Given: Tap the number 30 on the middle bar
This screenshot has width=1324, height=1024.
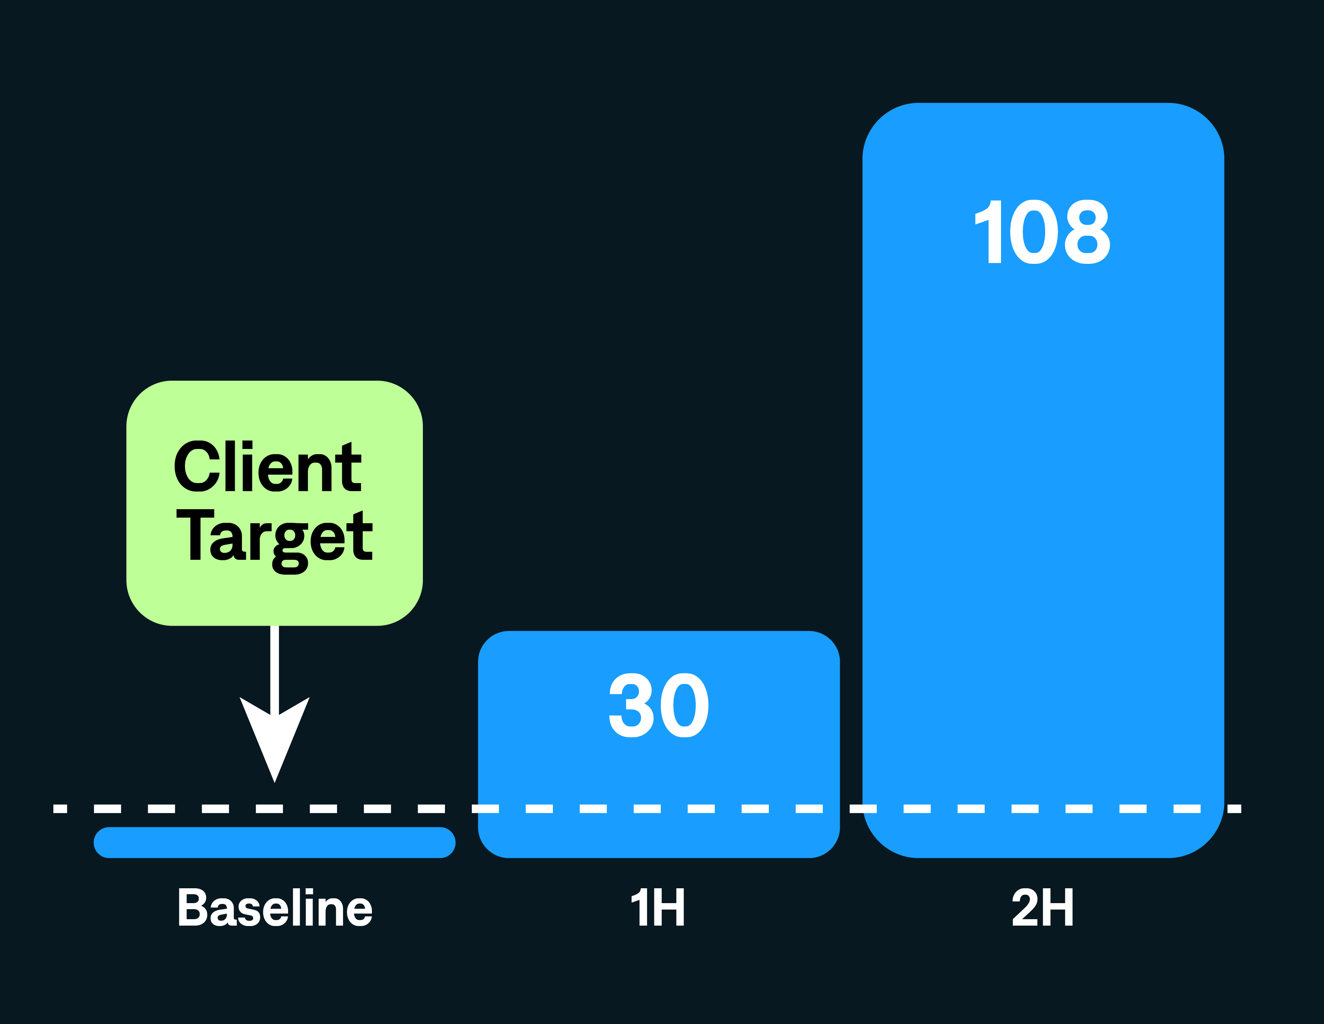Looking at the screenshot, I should point(658,706).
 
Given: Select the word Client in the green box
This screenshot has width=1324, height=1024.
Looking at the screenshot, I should point(267,467).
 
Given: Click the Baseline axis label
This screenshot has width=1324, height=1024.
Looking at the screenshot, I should point(274,908).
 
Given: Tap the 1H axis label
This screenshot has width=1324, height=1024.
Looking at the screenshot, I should point(658,908).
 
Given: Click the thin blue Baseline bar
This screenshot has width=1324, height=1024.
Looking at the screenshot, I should point(274,842).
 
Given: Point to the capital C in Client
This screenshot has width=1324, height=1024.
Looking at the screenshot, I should point(197,467).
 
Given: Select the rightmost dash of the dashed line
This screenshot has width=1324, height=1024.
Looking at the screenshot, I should point(1234,809).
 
